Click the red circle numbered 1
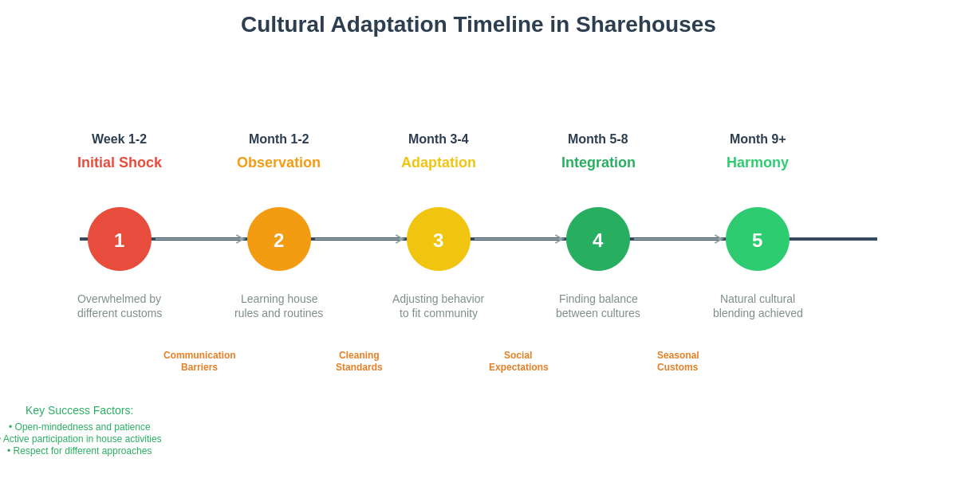120,239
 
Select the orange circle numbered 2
279,239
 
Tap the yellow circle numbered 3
439,239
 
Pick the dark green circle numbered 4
598,239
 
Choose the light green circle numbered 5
758,239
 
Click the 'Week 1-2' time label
120,139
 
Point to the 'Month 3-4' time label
439,139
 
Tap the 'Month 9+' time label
758,139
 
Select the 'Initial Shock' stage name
120,163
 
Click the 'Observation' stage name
279,163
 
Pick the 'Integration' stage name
598,163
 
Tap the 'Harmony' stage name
758,163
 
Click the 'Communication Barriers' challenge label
199,362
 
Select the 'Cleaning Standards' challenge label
359,362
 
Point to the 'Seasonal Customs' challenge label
678,362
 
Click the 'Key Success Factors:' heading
80,410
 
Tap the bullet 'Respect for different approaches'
80,451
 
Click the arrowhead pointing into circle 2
239,239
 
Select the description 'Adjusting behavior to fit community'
439,306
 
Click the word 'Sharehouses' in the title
645,25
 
